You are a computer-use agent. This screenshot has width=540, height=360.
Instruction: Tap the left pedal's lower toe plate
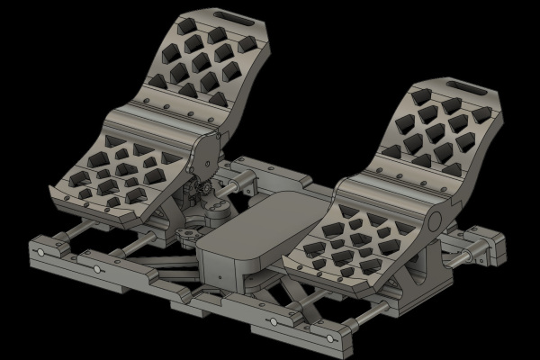pos(117,175)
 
